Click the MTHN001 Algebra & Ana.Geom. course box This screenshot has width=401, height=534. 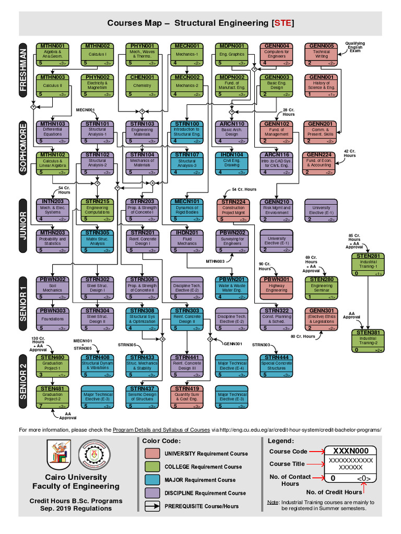(x=53, y=55)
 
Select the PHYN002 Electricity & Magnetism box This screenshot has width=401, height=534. (x=97, y=86)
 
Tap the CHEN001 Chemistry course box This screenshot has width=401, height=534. (x=142, y=86)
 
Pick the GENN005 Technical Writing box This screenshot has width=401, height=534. (x=322, y=55)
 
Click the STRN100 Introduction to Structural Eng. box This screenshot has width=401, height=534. (x=187, y=132)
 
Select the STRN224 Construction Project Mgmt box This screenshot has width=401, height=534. (x=233, y=210)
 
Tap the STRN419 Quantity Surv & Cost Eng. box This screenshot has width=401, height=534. (x=187, y=396)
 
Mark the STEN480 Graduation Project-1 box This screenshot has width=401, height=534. (x=53, y=366)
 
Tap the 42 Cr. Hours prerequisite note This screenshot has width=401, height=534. (x=350, y=153)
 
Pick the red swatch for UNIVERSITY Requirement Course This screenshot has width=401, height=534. (x=152, y=454)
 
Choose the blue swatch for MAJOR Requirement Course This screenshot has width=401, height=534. (x=152, y=480)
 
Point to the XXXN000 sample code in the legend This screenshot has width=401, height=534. (x=350, y=451)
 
